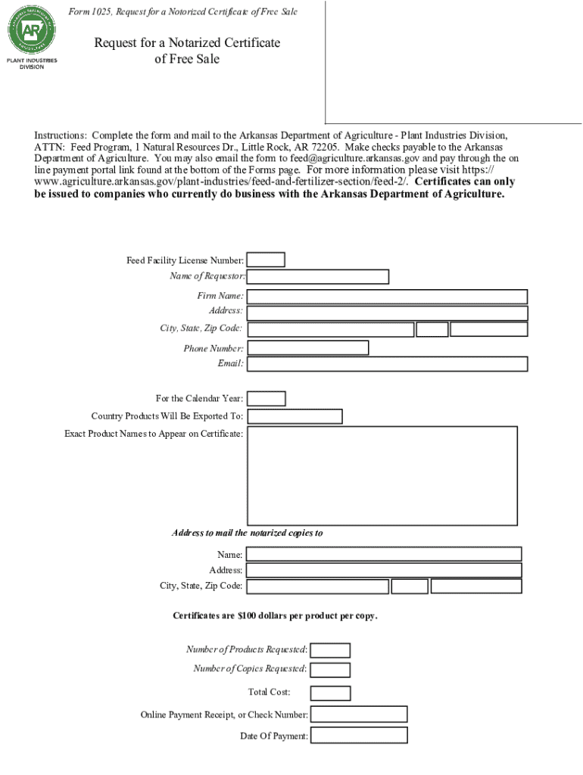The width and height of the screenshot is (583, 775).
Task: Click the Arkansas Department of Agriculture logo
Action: [32, 31]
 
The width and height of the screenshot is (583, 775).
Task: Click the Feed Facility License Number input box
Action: [267, 260]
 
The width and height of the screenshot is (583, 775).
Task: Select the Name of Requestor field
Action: [318, 276]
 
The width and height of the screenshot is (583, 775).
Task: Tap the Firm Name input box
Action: [387, 296]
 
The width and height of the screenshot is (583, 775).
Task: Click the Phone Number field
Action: [308, 347]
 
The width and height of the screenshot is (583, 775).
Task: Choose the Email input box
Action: [387, 364]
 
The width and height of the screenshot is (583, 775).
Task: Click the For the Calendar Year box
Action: [267, 398]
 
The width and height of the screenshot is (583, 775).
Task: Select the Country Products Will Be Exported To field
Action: [295, 416]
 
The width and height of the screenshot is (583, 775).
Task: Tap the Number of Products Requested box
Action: [331, 650]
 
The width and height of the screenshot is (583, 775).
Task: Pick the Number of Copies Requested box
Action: [331, 669]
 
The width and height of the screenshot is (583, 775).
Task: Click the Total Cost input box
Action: [331, 693]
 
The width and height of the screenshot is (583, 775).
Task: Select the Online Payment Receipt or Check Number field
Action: [359, 714]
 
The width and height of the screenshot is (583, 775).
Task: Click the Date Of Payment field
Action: [359, 735]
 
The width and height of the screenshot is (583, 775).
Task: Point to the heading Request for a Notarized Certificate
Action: [187, 43]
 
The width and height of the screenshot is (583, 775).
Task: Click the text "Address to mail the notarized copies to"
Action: [247, 533]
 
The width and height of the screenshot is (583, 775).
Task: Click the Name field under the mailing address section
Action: [384, 554]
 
